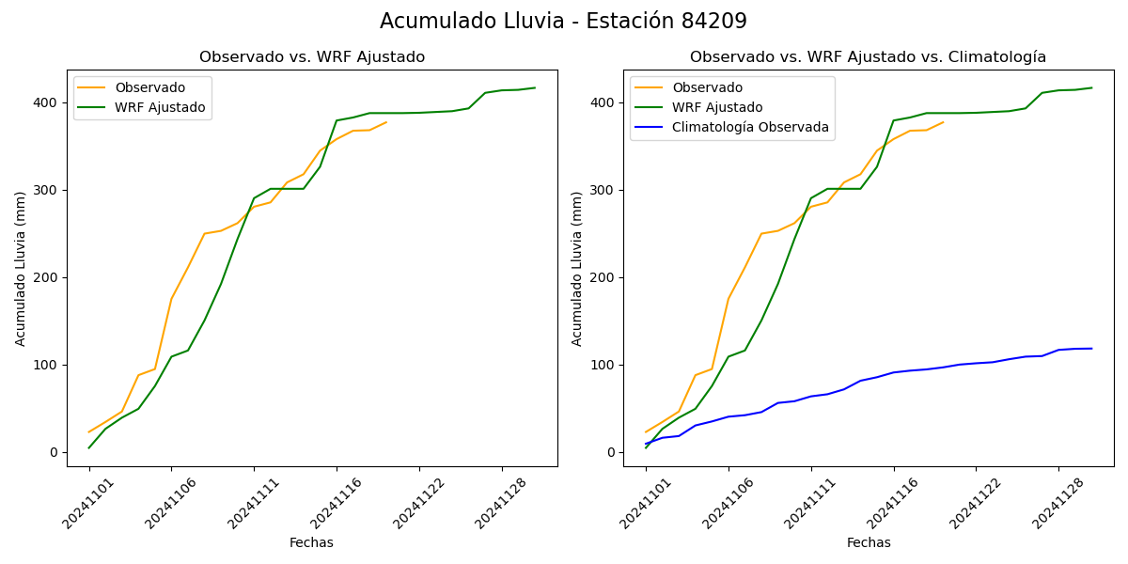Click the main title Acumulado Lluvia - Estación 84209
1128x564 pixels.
[x=563, y=22]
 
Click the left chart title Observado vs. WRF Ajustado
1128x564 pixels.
[x=311, y=57]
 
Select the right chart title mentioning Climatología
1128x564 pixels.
[x=868, y=57]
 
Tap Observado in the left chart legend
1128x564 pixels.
[x=149, y=87]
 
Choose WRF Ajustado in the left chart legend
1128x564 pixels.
[x=160, y=107]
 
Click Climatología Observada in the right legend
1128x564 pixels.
[x=750, y=127]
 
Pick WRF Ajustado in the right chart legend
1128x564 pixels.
[x=717, y=107]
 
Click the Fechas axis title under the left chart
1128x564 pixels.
[x=311, y=542]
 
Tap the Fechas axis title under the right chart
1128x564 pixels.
[x=868, y=542]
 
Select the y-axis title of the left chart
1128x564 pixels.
[x=21, y=268]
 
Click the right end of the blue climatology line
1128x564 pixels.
[x=1091, y=349]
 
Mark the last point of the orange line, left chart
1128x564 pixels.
[x=386, y=121]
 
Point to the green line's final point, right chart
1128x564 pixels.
[x=1091, y=88]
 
